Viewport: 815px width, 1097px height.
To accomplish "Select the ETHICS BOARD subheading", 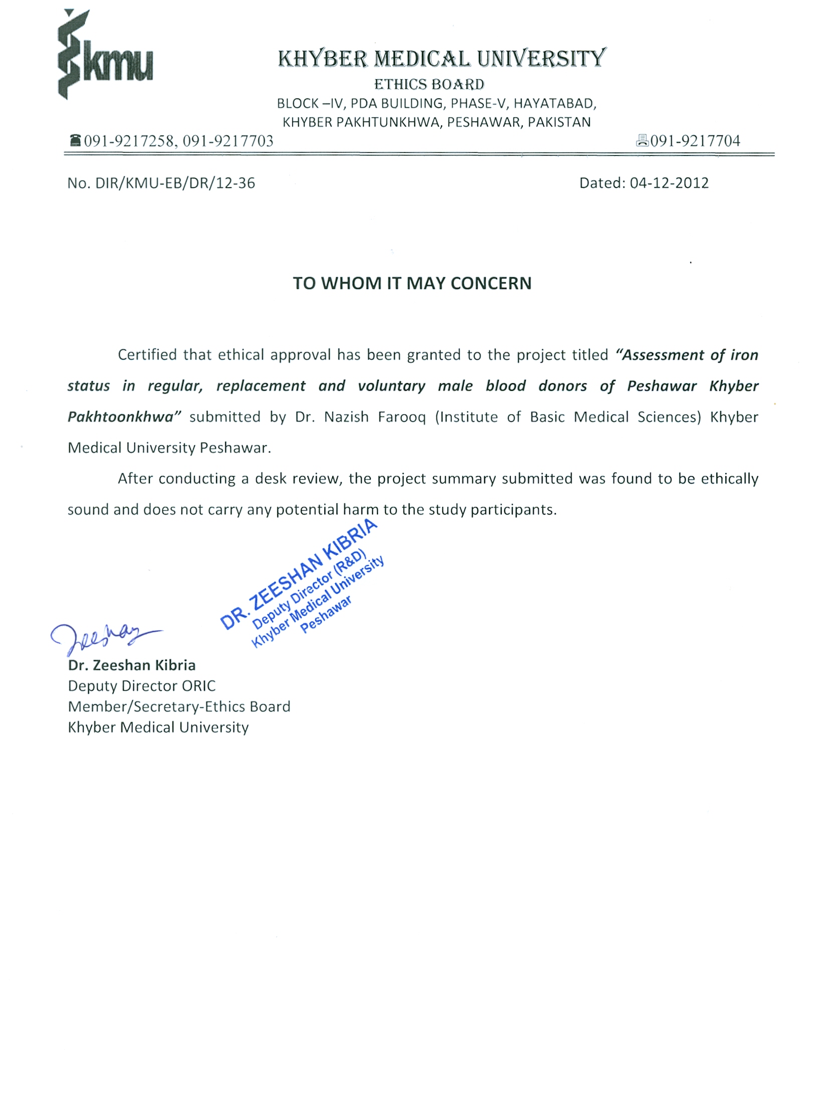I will click(x=429, y=84).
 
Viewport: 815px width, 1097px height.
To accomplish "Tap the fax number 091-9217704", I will click(x=695, y=141).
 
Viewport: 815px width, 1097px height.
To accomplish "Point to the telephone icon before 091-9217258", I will click(x=75, y=140).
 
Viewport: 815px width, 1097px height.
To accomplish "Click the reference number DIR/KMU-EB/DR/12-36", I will click(x=175, y=183).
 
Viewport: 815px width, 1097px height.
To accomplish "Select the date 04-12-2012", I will click(x=669, y=183).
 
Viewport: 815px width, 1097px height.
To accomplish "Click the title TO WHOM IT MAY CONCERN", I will click(x=412, y=283).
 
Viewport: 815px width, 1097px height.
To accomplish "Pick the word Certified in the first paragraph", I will click(x=147, y=355).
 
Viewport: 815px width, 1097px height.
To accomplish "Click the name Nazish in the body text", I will click(x=346, y=417).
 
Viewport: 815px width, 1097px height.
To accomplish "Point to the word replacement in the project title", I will click(x=261, y=386).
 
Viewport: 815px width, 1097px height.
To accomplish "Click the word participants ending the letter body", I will click(x=513, y=510).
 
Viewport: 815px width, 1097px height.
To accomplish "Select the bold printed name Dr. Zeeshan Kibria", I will click(x=132, y=665).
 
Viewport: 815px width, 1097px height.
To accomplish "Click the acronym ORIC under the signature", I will click(x=199, y=686).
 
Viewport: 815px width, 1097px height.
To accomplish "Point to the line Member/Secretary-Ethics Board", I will click(x=179, y=706).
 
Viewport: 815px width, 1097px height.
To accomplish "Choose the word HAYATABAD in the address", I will click(x=555, y=103).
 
